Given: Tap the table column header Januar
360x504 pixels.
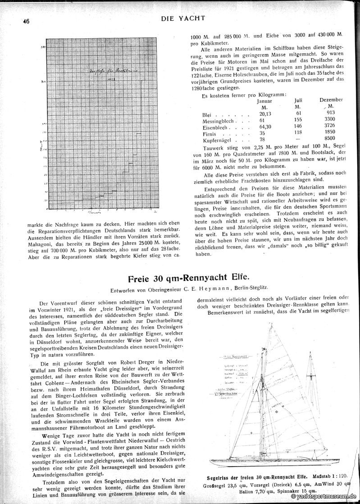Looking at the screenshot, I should [264, 101].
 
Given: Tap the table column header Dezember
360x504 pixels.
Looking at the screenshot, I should [331, 99].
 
